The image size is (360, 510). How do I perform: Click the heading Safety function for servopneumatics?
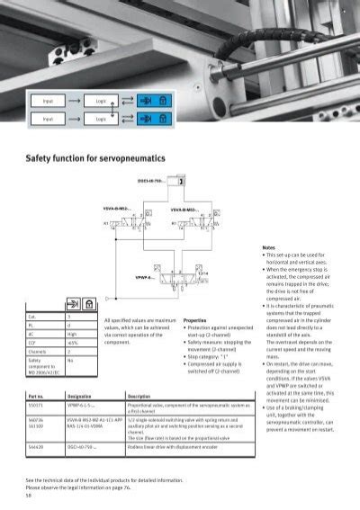click(x=99, y=156)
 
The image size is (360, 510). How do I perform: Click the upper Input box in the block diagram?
click(x=48, y=102)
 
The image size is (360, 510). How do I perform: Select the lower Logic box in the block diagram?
click(x=101, y=119)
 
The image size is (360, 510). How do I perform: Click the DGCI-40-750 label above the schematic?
click(x=150, y=180)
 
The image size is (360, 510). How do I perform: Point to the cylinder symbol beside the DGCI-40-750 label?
click(x=182, y=181)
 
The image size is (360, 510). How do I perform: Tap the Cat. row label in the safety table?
click(x=32, y=318)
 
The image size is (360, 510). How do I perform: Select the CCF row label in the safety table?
click(x=32, y=343)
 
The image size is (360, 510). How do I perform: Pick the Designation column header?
click(x=81, y=396)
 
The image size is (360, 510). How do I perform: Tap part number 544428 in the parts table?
click(x=37, y=446)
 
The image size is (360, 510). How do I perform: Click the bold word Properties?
click(x=195, y=319)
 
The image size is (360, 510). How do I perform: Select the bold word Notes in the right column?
click(x=268, y=247)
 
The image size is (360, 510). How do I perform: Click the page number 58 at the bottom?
click(x=29, y=496)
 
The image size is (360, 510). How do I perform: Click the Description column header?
click(x=139, y=396)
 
